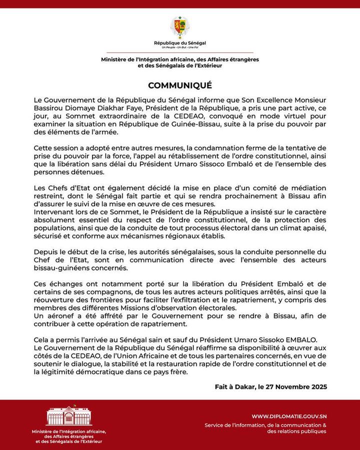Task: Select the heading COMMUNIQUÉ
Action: click(179, 85)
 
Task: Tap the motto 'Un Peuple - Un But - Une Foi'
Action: click(179, 48)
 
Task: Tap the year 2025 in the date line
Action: click(317, 387)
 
